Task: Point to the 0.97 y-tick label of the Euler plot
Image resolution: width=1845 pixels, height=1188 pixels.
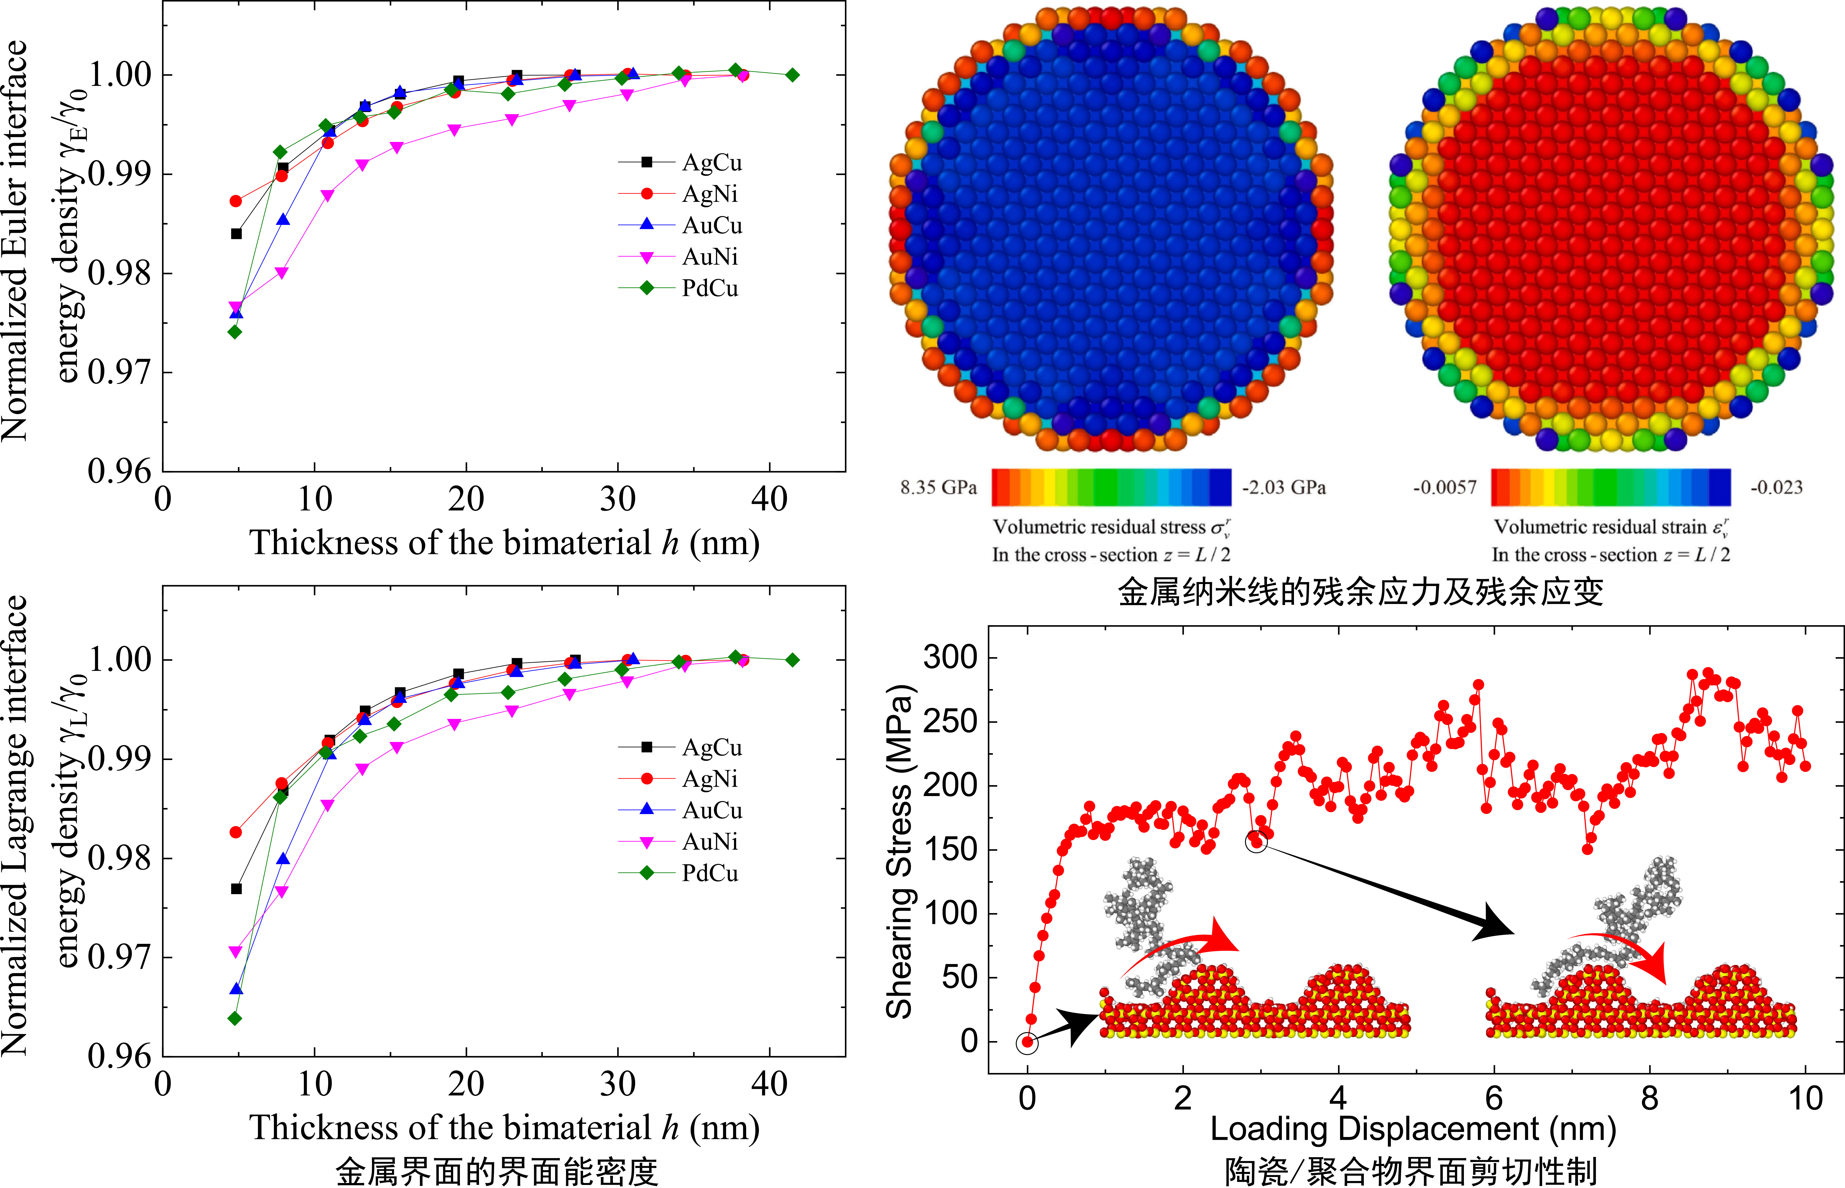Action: (120, 372)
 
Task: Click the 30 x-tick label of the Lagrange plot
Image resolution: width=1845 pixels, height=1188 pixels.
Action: (618, 1084)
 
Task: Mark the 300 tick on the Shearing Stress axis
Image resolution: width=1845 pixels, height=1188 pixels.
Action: (950, 657)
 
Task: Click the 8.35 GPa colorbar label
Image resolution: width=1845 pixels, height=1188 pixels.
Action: (938, 487)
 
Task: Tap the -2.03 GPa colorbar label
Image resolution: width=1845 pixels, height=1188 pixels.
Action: (1284, 487)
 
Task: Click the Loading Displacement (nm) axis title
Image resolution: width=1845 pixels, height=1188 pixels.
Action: (1413, 1129)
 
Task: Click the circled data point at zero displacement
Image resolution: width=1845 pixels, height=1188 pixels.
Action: (1027, 1042)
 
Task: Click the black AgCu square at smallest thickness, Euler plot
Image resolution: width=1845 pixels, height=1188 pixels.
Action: (237, 234)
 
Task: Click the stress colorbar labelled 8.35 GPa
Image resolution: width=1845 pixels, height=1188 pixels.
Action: (1111, 487)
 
